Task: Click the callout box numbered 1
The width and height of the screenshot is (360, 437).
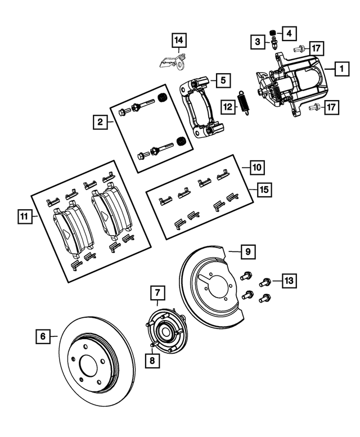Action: [340, 70]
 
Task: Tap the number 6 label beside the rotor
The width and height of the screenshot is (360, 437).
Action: [41, 337]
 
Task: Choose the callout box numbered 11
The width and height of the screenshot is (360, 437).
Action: [23, 215]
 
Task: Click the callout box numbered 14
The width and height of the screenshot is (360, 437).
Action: [178, 40]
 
